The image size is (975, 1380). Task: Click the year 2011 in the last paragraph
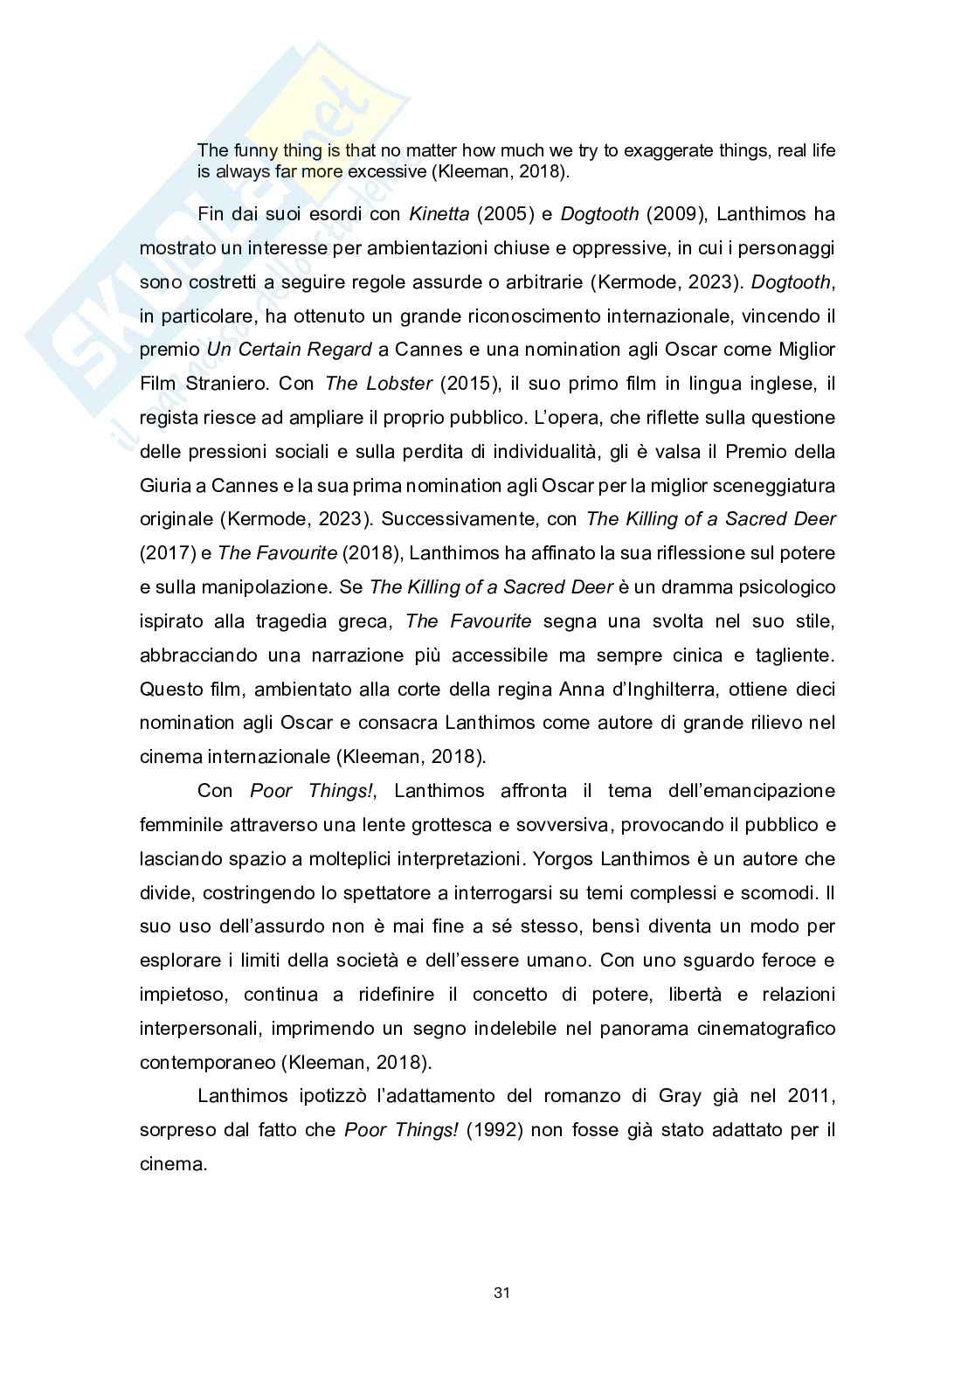pos(811,1096)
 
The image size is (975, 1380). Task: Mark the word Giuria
pos(165,485)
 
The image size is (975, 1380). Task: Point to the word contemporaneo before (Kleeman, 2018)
pos(207,1063)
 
